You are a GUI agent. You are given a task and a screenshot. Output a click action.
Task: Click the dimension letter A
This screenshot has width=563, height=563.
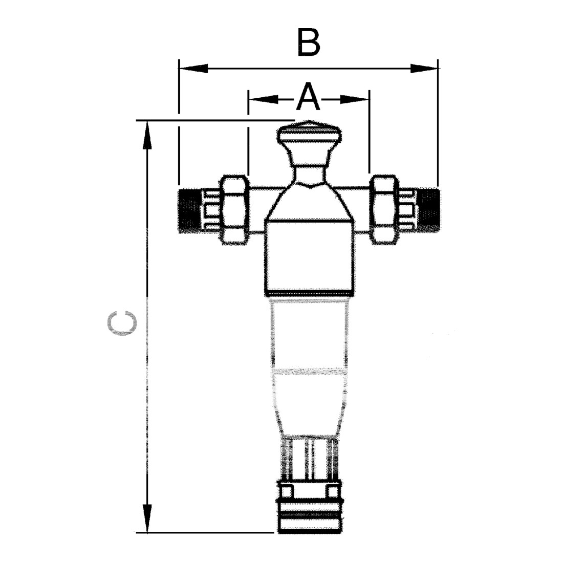[308, 96]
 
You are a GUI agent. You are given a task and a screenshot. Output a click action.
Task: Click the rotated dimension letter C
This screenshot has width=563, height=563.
[122, 323]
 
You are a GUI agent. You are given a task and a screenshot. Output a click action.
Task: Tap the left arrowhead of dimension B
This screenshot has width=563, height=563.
[193, 68]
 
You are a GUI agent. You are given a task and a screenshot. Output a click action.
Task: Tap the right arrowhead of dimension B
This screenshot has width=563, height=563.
[424, 68]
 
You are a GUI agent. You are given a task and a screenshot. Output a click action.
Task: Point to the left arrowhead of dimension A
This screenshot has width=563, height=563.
[263, 99]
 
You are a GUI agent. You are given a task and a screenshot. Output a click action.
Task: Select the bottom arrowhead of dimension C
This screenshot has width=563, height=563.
[146, 518]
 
